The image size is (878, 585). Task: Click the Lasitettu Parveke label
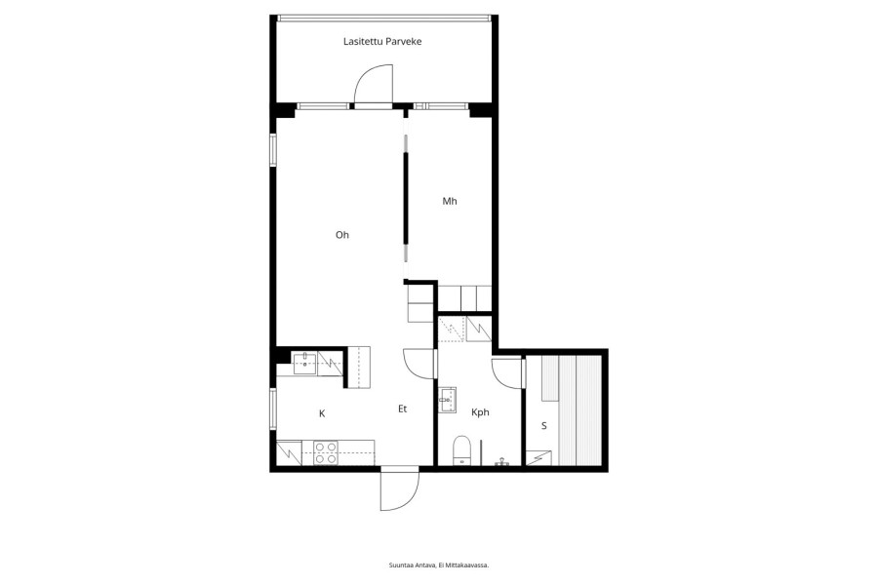(x=382, y=41)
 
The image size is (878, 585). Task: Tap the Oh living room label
(x=342, y=235)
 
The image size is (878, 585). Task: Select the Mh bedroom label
(x=450, y=201)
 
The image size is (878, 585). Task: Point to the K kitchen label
(x=322, y=413)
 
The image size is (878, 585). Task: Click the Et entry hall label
(x=402, y=409)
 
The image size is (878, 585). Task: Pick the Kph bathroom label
(x=480, y=412)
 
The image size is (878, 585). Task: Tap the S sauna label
(x=543, y=426)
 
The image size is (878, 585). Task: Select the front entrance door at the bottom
(x=400, y=488)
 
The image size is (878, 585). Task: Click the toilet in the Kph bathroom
(x=462, y=450)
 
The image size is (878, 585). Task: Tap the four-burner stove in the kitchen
(x=326, y=452)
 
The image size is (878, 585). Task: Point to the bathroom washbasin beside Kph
(x=447, y=400)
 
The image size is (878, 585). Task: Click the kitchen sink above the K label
(x=304, y=364)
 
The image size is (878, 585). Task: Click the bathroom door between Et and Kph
(x=419, y=364)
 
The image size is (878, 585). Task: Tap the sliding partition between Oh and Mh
(x=406, y=198)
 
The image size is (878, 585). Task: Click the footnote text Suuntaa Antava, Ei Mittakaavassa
(x=439, y=565)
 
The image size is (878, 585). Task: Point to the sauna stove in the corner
(x=539, y=457)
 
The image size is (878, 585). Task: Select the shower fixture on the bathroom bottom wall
(x=501, y=462)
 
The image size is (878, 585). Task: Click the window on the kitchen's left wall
(x=273, y=409)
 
